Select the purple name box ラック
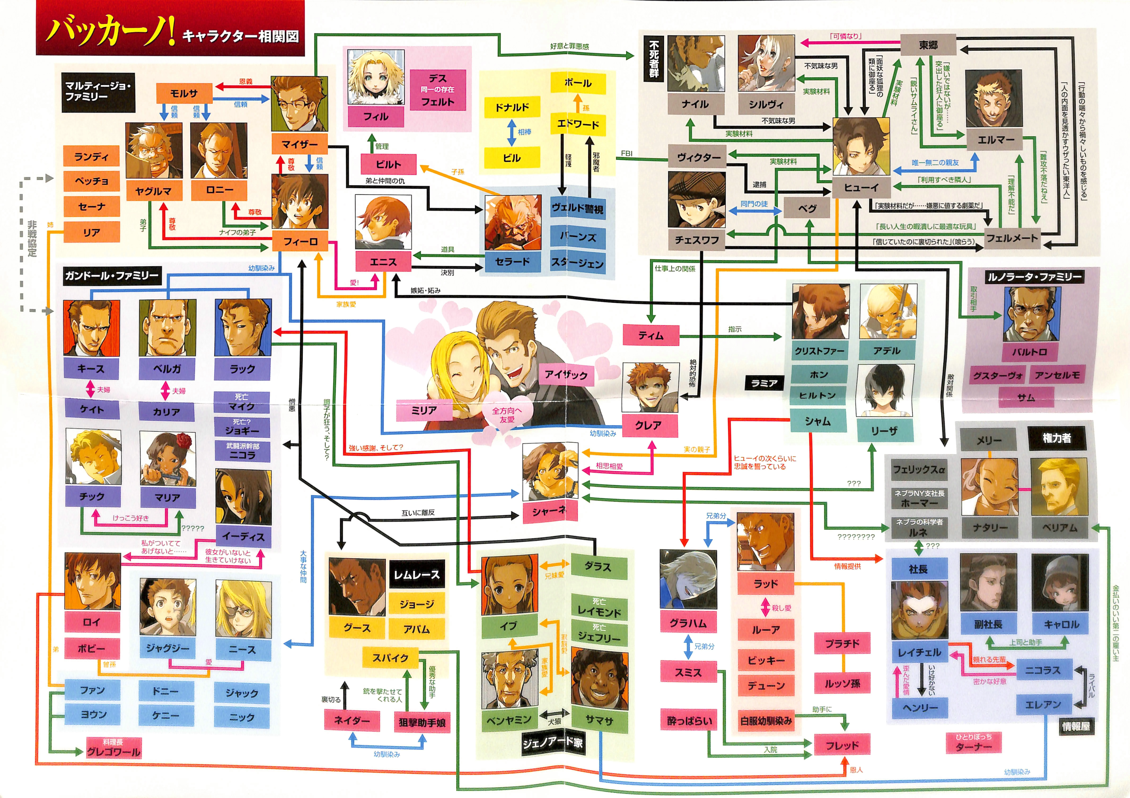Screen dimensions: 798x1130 (243, 369)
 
